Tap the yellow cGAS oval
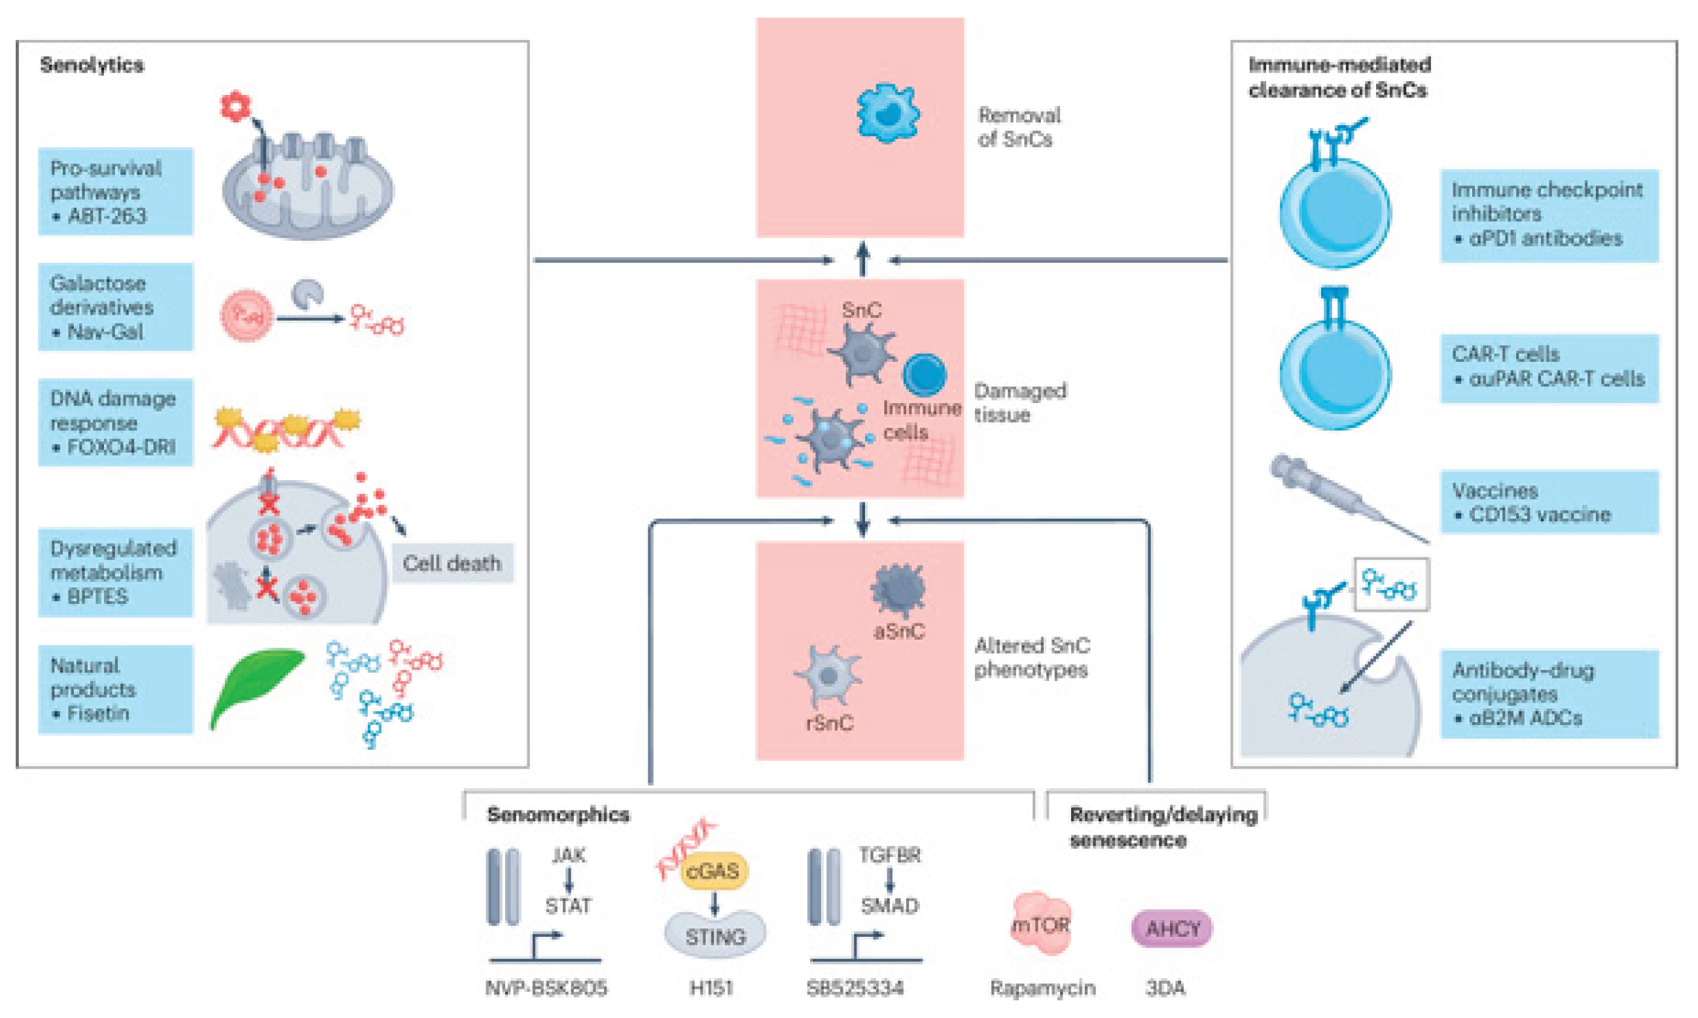[x=713, y=871]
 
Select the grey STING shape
[x=715, y=935]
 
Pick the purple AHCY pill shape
[x=1172, y=929]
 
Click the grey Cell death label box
[x=452, y=563]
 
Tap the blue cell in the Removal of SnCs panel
[x=888, y=113]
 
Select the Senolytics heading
[x=92, y=65]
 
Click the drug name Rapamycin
[x=1042, y=988]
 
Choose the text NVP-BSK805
[x=546, y=988]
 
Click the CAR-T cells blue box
[x=1548, y=367]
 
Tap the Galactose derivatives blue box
[x=115, y=307]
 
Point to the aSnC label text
[x=899, y=631]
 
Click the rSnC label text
[x=830, y=723]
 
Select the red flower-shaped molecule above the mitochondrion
[x=236, y=107]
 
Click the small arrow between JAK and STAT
[x=568, y=880]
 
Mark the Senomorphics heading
[x=558, y=815]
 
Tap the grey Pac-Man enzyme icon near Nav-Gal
[x=307, y=294]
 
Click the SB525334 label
[x=855, y=988]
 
